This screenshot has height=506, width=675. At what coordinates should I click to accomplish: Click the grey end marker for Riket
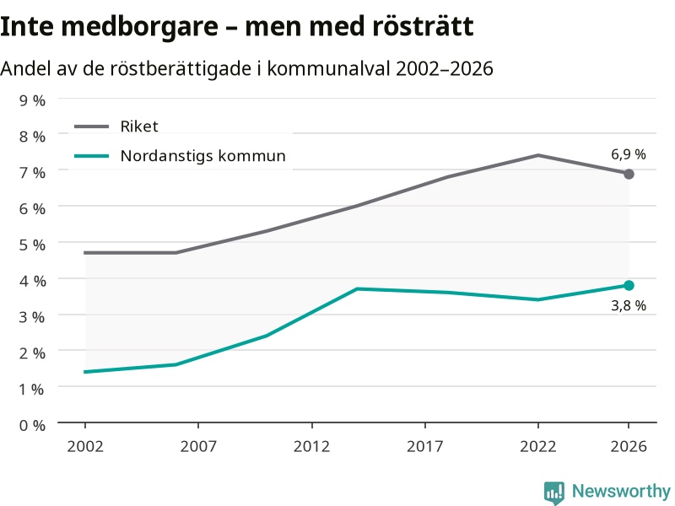(x=629, y=174)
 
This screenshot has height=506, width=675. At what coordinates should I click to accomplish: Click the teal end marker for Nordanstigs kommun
(x=629, y=285)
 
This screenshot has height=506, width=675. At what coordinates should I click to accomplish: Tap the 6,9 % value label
(x=629, y=154)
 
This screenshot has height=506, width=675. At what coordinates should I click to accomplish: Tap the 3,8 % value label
(x=629, y=305)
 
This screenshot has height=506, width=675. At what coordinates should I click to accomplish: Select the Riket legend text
(x=139, y=126)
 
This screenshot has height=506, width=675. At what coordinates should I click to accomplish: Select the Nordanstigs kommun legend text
(x=202, y=156)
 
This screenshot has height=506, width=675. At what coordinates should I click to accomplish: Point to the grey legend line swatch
(x=92, y=126)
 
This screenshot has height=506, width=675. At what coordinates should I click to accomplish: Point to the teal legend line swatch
(x=92, y=156)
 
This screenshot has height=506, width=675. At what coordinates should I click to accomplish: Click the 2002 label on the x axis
(x=85, y=446)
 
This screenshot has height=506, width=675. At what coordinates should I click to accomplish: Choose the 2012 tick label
(x=311, y=446)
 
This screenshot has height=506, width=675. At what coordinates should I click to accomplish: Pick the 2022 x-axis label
(x=538, y=446)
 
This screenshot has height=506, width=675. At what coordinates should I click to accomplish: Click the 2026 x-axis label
(x=629, y=446)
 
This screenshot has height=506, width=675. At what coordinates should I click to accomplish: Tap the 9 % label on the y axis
(x=32, y=100)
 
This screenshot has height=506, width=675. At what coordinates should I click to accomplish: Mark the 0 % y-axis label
(x=32, y=426)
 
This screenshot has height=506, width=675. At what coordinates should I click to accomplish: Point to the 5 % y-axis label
(x=32, y=245)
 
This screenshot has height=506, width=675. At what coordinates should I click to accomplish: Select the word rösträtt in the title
(x=423, y=26)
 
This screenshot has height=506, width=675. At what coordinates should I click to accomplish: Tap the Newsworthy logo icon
(x=554, y=493)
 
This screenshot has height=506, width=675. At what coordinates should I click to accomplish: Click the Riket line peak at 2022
(x=538, y=155)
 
